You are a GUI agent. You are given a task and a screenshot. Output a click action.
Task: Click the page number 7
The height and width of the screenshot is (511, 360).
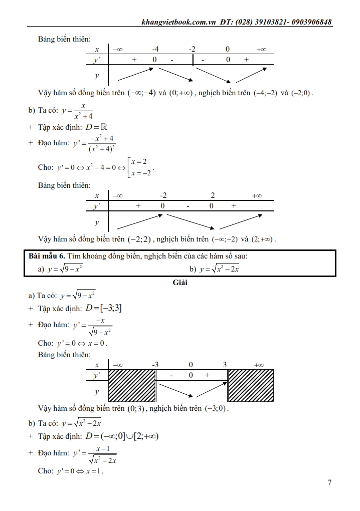(329, 483)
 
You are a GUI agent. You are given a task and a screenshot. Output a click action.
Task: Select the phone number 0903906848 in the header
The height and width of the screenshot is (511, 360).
(308, 22)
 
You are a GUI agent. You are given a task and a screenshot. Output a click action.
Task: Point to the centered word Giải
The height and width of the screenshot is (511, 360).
(180, 282)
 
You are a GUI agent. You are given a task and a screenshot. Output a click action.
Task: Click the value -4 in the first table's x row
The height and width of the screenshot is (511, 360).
(155, 49)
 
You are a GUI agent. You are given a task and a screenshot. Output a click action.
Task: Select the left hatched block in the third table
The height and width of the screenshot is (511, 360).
(132, 385)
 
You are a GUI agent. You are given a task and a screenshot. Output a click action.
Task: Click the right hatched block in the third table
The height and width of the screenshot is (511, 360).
(251, 385)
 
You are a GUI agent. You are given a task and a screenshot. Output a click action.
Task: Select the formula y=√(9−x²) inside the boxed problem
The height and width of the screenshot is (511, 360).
(65, 269)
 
